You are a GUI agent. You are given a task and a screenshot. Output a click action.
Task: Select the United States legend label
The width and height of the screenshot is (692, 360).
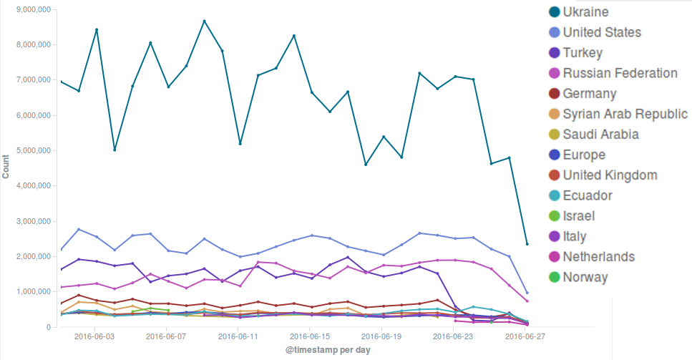pyautogui.click(x=602, y=32)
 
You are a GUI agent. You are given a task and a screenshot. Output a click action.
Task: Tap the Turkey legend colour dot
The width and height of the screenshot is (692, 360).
pyautogui.click(x=553, y=53)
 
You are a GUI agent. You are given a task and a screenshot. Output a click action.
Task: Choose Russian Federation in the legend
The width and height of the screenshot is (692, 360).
pyautogui.click(x=620, y=73)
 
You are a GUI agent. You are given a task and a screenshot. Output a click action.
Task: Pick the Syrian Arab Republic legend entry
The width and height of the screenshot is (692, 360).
pyautogui.click(x=625, y=114)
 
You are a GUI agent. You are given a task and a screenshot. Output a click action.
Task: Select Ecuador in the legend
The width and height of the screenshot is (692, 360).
pyautogui.click(x=588, y=195)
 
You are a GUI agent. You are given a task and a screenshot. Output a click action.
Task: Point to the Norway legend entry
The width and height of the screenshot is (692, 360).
pyautogui.click(x=585, y=277)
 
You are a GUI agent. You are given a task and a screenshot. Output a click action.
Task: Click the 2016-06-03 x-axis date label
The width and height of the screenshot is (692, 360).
pyautogui.click(x=96, y=336)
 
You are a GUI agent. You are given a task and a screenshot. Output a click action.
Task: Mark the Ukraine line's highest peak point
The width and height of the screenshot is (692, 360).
pyautogui.click(x=204, y=21)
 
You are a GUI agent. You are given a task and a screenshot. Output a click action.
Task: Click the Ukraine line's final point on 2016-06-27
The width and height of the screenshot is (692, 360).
pyautogui.click(x=527, y=244)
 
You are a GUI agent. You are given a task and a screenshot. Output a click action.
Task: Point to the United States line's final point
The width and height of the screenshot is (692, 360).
pyautogui.click(x=527, y=293)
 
